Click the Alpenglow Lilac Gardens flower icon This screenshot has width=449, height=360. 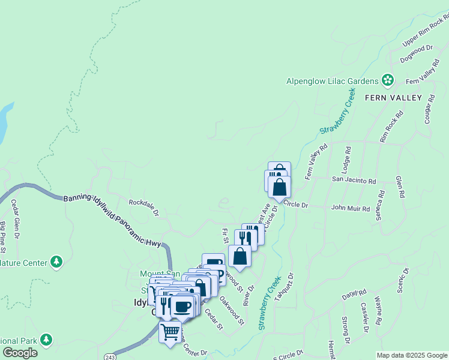[x=388, y=80]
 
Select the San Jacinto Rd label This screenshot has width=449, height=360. [x=354, y=180]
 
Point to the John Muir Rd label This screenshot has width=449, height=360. [x=351, y=208]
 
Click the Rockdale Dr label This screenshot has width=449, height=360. [x=143, y=208]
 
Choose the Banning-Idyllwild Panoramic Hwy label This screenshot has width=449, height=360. [x=111, y=219]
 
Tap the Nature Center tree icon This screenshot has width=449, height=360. [x=56, y=262]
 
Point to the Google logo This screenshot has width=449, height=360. [x=20, y=352]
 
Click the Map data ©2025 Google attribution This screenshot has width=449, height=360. [x=412, y=355]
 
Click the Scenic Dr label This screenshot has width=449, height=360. [x=403, y=280]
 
